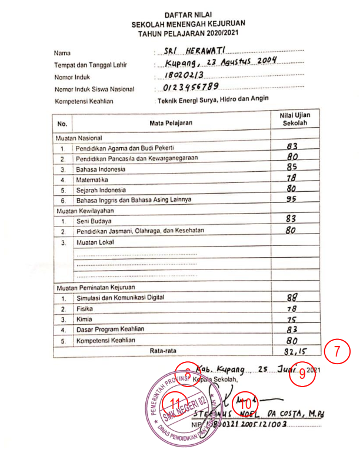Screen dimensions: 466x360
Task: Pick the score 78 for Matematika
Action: (291, 178)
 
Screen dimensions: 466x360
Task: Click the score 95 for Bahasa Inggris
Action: (291, 199)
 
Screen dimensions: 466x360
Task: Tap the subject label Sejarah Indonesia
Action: (101, 190)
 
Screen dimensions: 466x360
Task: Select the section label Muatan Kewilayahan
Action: (85, 210)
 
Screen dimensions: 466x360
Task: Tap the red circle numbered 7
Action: (337, 352)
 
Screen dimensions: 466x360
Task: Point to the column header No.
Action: (62, 124)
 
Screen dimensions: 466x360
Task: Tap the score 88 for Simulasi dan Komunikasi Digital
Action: (291, 298)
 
